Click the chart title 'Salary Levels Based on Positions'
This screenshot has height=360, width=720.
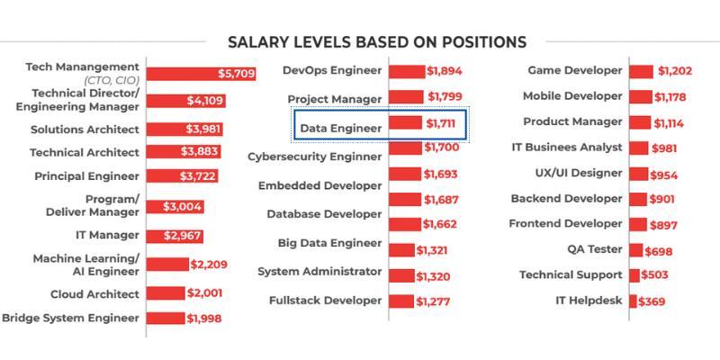376,42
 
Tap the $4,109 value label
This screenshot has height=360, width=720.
204,101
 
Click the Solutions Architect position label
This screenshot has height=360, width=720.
85,129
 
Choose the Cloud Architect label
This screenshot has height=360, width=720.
94,294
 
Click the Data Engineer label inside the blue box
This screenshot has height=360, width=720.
340,128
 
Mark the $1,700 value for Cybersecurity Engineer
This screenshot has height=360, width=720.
442,148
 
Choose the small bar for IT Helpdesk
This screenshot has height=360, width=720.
633,301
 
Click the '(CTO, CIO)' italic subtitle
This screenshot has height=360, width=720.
112,80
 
